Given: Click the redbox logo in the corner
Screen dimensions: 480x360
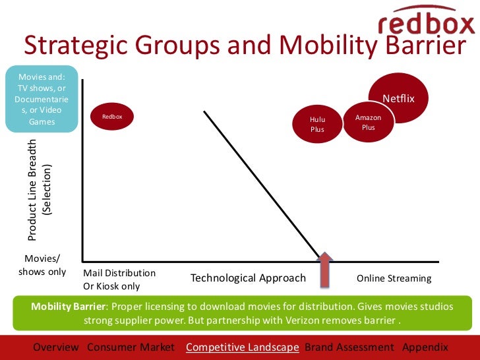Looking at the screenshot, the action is pyautogui.click(x=426, y=20).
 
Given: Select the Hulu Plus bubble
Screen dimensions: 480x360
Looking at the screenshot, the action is pyautogui.click(x=318, y=124).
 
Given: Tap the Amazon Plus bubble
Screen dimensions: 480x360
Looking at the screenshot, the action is pyautogui.click(x=368, y=122).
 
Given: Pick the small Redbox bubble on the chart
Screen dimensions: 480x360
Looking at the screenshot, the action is pyautogui.click(x=112, y=117).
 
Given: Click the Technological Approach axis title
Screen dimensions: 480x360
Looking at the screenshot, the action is pyautogui.click(x=248, y=278).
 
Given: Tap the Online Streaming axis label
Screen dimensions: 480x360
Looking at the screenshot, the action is pyautogui.click(x=394, y=278).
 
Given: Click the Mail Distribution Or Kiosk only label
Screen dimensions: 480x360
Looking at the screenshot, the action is pyautogui.click(x=119, y=279).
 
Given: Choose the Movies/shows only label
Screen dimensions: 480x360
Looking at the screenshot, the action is pyautogui.click(x=42, y=265).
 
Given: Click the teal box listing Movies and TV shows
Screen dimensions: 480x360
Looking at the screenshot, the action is pyautogui.click(x=42, y=99).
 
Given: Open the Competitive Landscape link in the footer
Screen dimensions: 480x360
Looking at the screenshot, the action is pyautogui.click(x=242, y=347).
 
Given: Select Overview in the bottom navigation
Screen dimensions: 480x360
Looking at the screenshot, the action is pyautogui.click(x=56, y=347).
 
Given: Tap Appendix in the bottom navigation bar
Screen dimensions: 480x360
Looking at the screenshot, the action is pyautogui.click(x=425, y=347).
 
